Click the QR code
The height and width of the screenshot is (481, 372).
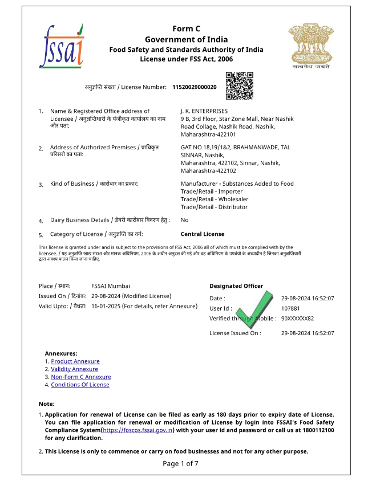239,86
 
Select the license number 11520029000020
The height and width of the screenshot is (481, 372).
194,87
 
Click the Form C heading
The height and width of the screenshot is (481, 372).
187,29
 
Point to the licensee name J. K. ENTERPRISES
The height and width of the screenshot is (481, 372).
204,111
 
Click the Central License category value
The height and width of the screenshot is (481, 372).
203,234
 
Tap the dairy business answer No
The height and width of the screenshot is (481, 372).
184,220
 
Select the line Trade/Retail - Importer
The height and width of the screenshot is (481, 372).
204,192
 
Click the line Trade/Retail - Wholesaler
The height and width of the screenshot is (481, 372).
207,199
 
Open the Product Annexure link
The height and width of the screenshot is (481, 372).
75,361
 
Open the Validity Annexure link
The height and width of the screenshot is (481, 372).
75,369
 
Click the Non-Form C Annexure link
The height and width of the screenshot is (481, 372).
81,377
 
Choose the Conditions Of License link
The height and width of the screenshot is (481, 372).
80,385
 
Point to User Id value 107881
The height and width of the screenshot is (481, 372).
290,308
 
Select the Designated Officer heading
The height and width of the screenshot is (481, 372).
236,286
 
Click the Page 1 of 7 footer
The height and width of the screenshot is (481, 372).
180,463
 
